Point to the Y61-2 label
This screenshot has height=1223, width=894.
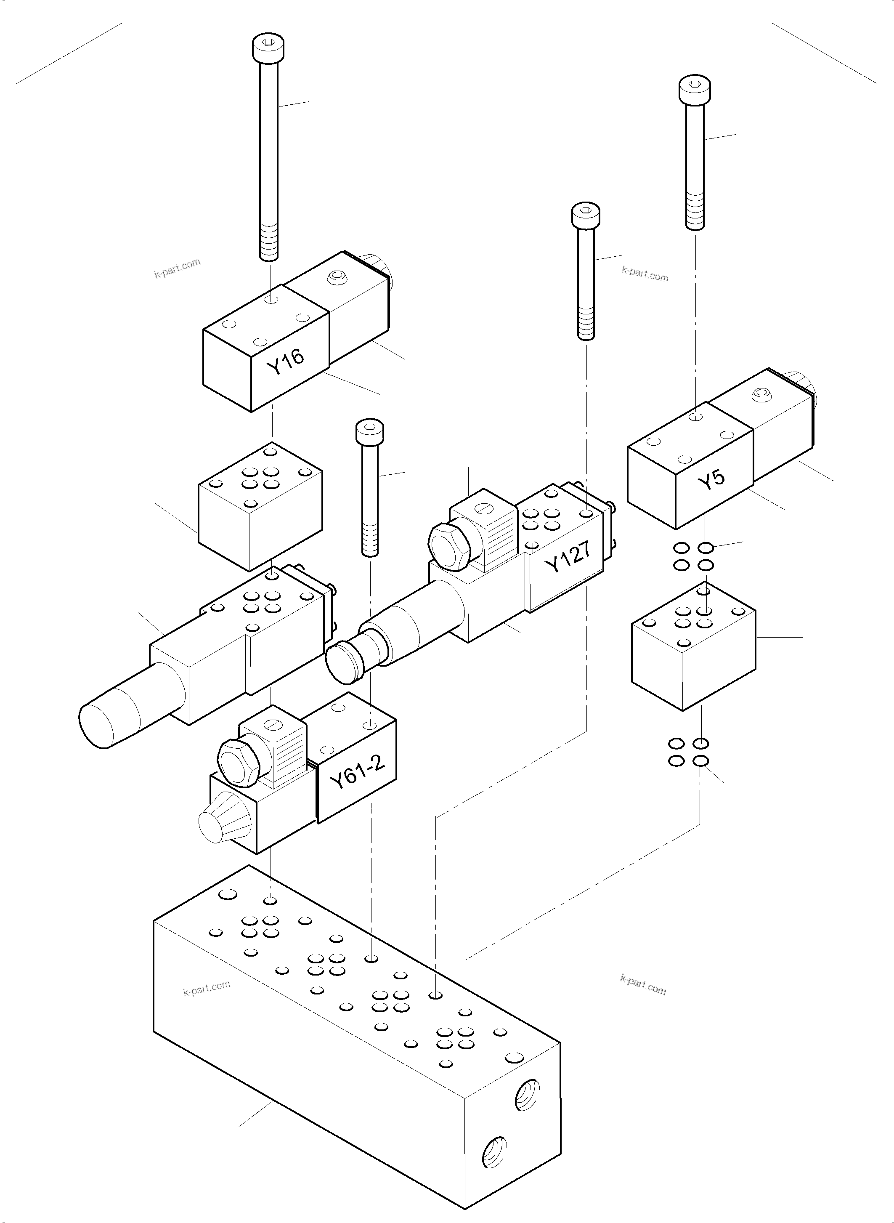(x=357, y=772)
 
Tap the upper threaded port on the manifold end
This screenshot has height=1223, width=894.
(x=527, y=1096)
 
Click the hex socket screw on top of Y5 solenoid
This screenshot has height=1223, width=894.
(x=761, y=393)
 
